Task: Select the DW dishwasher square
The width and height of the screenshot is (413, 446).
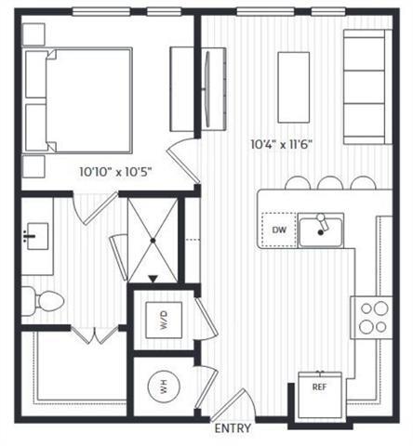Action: pyautogui.click(x=278, y=230)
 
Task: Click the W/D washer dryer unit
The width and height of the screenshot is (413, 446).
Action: pyautogui.click(x=164, y=321)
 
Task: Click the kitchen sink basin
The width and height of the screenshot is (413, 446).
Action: pyautogui.click(x=321, y=230)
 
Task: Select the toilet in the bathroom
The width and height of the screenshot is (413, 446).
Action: pyautogui.click(x=41, y=300)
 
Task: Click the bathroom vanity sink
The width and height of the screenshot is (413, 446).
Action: pyautogui.click(x=37, y=237)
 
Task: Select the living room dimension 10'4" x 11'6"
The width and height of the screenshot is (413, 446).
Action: pyautogui.click(x=280, y=145)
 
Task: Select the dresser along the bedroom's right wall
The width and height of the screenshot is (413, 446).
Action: pyautogui.click(x=180, y=88)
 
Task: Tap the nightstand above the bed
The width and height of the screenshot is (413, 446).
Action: pyautogui.click(x=33, y=32)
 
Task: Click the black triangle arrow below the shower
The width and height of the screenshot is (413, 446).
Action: pyautogui.click(x=153, y=279)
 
